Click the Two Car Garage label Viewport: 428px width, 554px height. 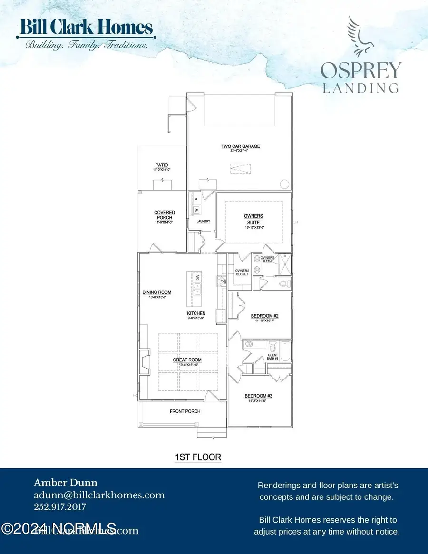click(240, 146)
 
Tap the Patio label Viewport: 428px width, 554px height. click(162, 165)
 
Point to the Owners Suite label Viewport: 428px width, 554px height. click(253, 219)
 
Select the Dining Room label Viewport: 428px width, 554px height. click(156, 292)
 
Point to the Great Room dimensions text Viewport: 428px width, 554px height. click(187, 365)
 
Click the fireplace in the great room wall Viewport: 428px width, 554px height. click(143, 362)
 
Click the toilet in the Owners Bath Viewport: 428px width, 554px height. click(285, 284)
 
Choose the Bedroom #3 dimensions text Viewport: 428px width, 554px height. click(258, 401)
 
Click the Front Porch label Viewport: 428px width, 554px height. click(185, 411)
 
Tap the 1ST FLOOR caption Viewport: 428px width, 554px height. click(198, 457)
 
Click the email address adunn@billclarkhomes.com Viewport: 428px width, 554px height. click(99, 495)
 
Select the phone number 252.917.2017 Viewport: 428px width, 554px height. click(59, 507)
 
